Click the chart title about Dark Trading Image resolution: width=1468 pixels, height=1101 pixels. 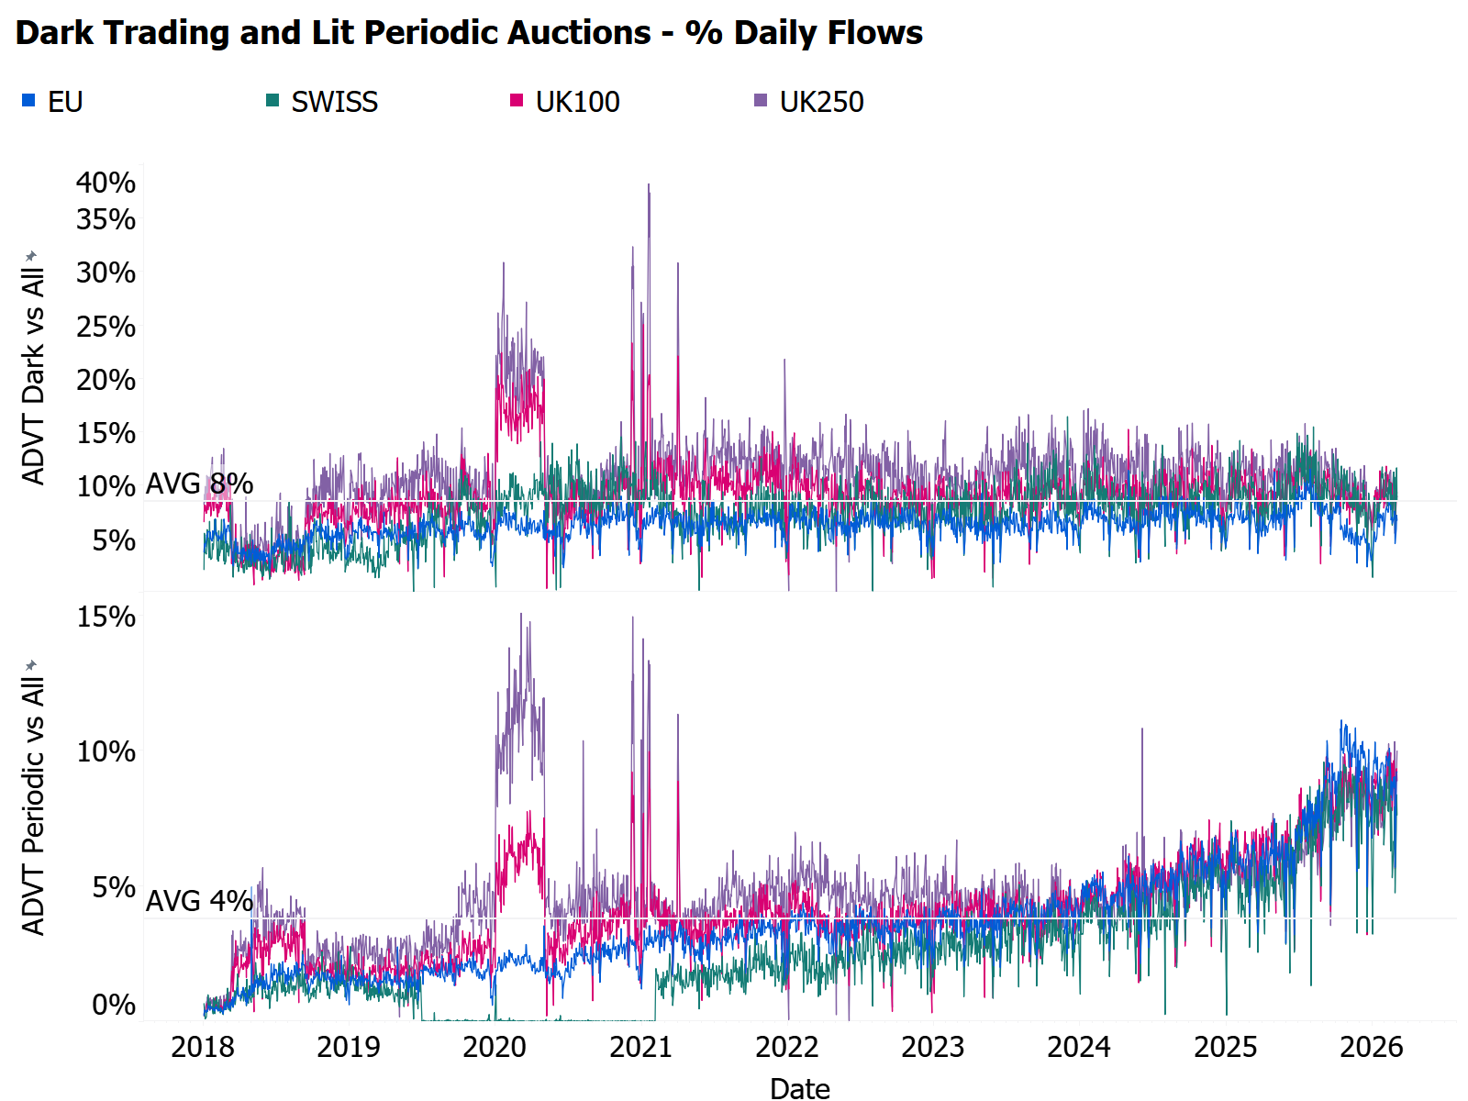(x=469, y=33)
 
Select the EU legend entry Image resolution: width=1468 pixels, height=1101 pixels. (x=64, y=102)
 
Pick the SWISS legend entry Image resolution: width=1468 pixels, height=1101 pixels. (x=334, y=102)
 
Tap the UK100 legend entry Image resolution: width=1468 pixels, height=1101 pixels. (x=577, y=102)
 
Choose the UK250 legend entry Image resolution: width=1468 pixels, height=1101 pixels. (x=821, y=102)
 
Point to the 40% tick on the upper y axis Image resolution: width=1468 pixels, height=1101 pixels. (x=106, y=183)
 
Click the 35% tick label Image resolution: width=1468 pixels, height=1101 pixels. (x=106, y=219)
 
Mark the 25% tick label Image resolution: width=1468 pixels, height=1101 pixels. (x=106, y=327)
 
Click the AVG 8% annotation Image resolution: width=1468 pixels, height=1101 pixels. (x=199, y=484)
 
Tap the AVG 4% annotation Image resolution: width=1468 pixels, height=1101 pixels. (x=199, y=901)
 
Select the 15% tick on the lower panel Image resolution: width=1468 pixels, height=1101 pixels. (x=106, y=617)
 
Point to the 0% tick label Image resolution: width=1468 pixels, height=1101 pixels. (x=114, y=1005)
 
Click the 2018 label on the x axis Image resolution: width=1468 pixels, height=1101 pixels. (x=203, y=1047)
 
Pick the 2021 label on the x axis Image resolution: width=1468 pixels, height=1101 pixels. (x=640, y=1047)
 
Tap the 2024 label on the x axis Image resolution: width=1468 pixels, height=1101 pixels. (x=1079, y=1047)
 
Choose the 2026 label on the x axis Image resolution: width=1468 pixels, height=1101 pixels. (x=1372, y=1047)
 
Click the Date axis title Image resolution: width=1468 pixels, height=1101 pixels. (x=799, y=1088)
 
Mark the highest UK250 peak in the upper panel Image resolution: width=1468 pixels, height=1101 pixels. (x=649, y=185)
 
